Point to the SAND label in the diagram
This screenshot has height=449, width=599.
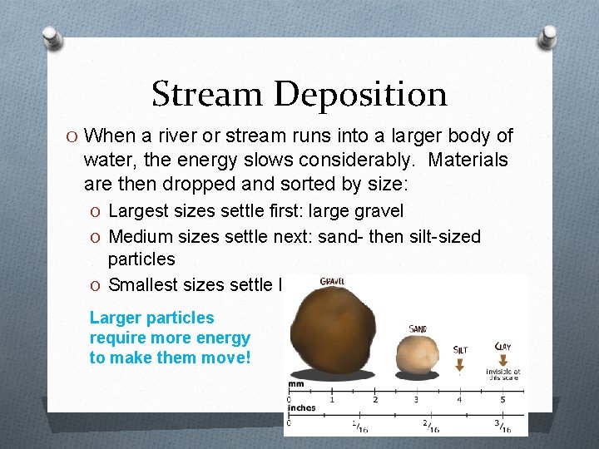pyautogui.click(x=418, y=329)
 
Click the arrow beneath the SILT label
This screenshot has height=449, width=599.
pyautogui.click(x=459, y=363)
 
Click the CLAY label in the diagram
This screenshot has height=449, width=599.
pyautogui.click(x=503, y=347)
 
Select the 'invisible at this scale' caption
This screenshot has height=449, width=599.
pyautogui.click(x=503, y=375)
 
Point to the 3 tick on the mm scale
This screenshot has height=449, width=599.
pyautogui.click(x=417, y=400)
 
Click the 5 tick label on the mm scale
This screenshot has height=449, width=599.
pyautogui.click(x=503, y=400)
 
